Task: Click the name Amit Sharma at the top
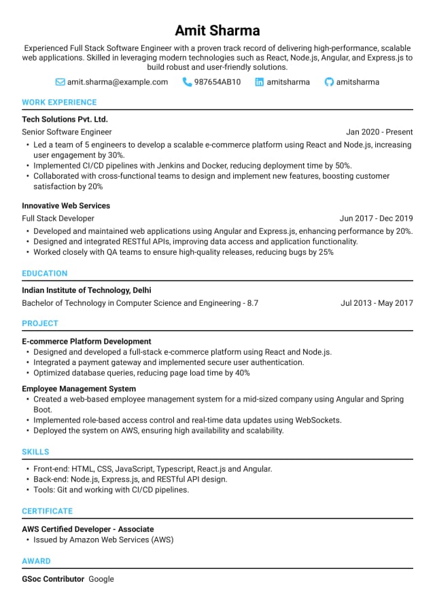[x=217, y=31]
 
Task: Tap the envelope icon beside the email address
[x=60, y=82]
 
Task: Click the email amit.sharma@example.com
[x=117, y=82]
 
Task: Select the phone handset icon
[x=187, y=82]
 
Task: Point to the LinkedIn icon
[x=259, y=82]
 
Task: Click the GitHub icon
[x=329, y=82]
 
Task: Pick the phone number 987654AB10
[x=217, y=82]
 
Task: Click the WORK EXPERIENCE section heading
[x=59, y=103]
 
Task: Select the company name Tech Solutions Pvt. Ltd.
[x=65, y=119]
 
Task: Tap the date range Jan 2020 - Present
[x=379, y=132]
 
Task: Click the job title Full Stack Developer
[x=58, y=219]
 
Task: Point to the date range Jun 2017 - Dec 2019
[x=376, y=219]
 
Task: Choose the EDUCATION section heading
[x=45, y=274]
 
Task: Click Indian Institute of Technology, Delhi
[x=86, y=290]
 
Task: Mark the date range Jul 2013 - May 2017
[x=377, y=303]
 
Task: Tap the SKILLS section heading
[x=35, y=452]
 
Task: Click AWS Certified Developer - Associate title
[x=88, y=529]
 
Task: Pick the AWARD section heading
[x=36, y=561]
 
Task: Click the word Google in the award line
[x=101, y=579]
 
